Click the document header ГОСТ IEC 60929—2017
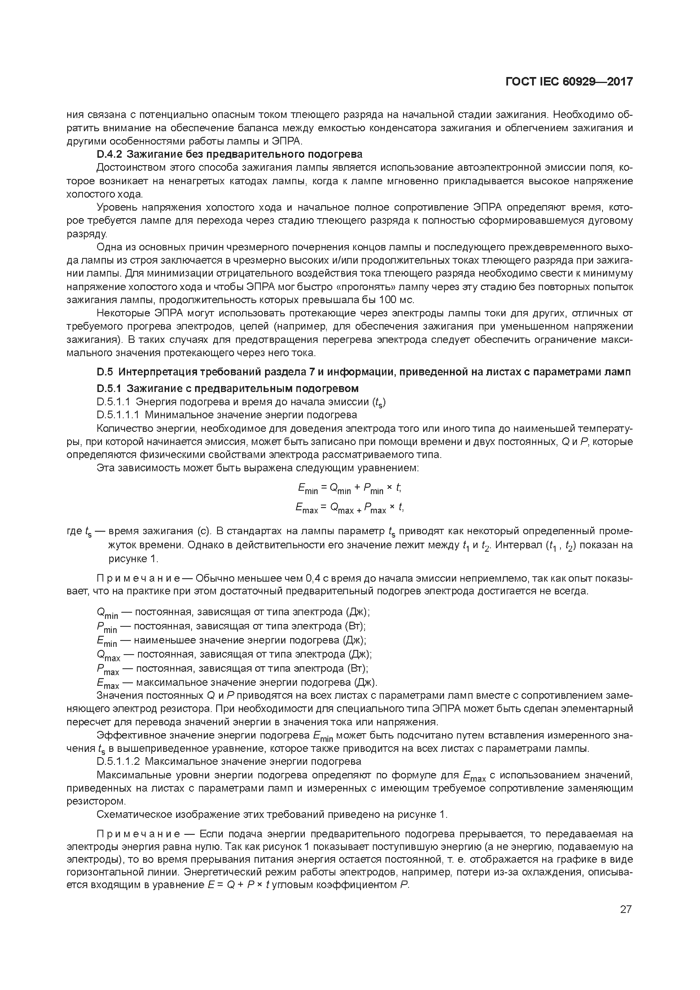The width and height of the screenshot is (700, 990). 569,82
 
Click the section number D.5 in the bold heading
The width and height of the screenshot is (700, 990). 105,372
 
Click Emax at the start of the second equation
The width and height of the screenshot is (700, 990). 307,509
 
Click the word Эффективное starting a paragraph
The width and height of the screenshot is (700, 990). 128,735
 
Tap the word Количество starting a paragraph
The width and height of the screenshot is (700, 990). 124,429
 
